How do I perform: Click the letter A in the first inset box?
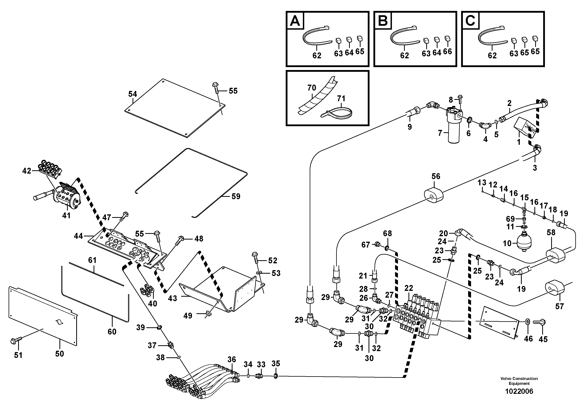click(x=295, y=21)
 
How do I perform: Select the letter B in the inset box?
click(x=383, y=21)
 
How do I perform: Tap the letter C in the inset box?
click(x=470, y=21)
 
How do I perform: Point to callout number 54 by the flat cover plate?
click(x=132, y=94)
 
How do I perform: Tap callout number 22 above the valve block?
click(x=408, y=288)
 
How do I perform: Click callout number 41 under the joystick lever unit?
click(x=66, y=216)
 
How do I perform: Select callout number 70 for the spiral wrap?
click(x=311, y=88)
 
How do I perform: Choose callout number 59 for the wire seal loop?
click(x=236, y=196)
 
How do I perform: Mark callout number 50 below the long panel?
click(x=59, y=354)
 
